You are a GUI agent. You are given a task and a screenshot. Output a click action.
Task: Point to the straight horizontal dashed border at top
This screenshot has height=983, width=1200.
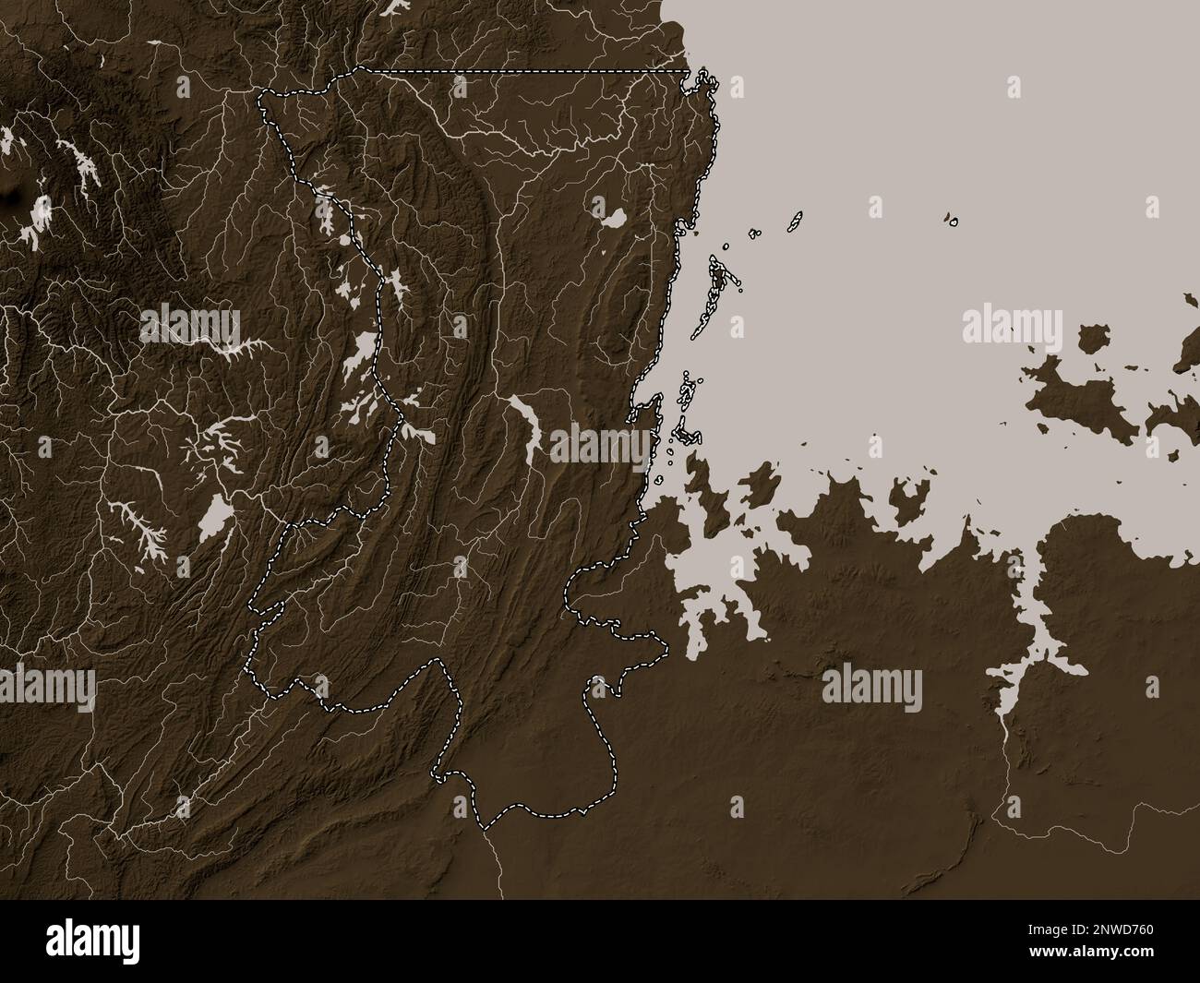[x=526, y=71]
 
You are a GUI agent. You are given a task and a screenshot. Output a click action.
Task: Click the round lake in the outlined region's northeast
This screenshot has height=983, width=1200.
[x=613, y=220]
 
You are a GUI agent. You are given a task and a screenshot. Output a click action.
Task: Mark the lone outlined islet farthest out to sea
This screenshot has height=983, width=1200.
[x=952, y=221]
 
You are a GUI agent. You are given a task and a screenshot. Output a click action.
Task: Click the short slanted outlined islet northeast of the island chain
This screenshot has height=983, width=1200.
[x=793, y=222]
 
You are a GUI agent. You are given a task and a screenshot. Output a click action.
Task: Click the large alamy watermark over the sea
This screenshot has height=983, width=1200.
[x=1012, y=325]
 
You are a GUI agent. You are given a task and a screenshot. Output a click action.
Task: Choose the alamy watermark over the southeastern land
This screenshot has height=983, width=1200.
[x=871, y=689]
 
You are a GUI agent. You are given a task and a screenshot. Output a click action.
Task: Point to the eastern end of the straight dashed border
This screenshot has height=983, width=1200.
[x=688, y=71]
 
